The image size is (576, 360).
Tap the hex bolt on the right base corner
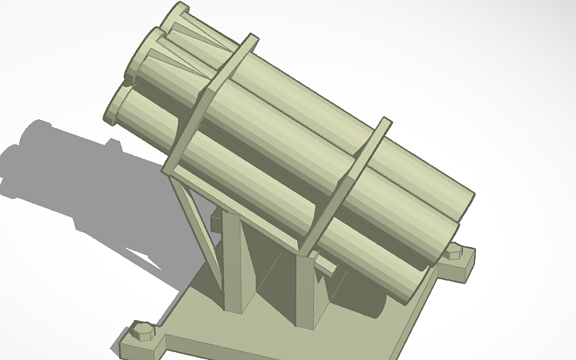[x=454, y=253]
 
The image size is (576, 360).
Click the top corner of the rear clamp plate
[x=252, y=37]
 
